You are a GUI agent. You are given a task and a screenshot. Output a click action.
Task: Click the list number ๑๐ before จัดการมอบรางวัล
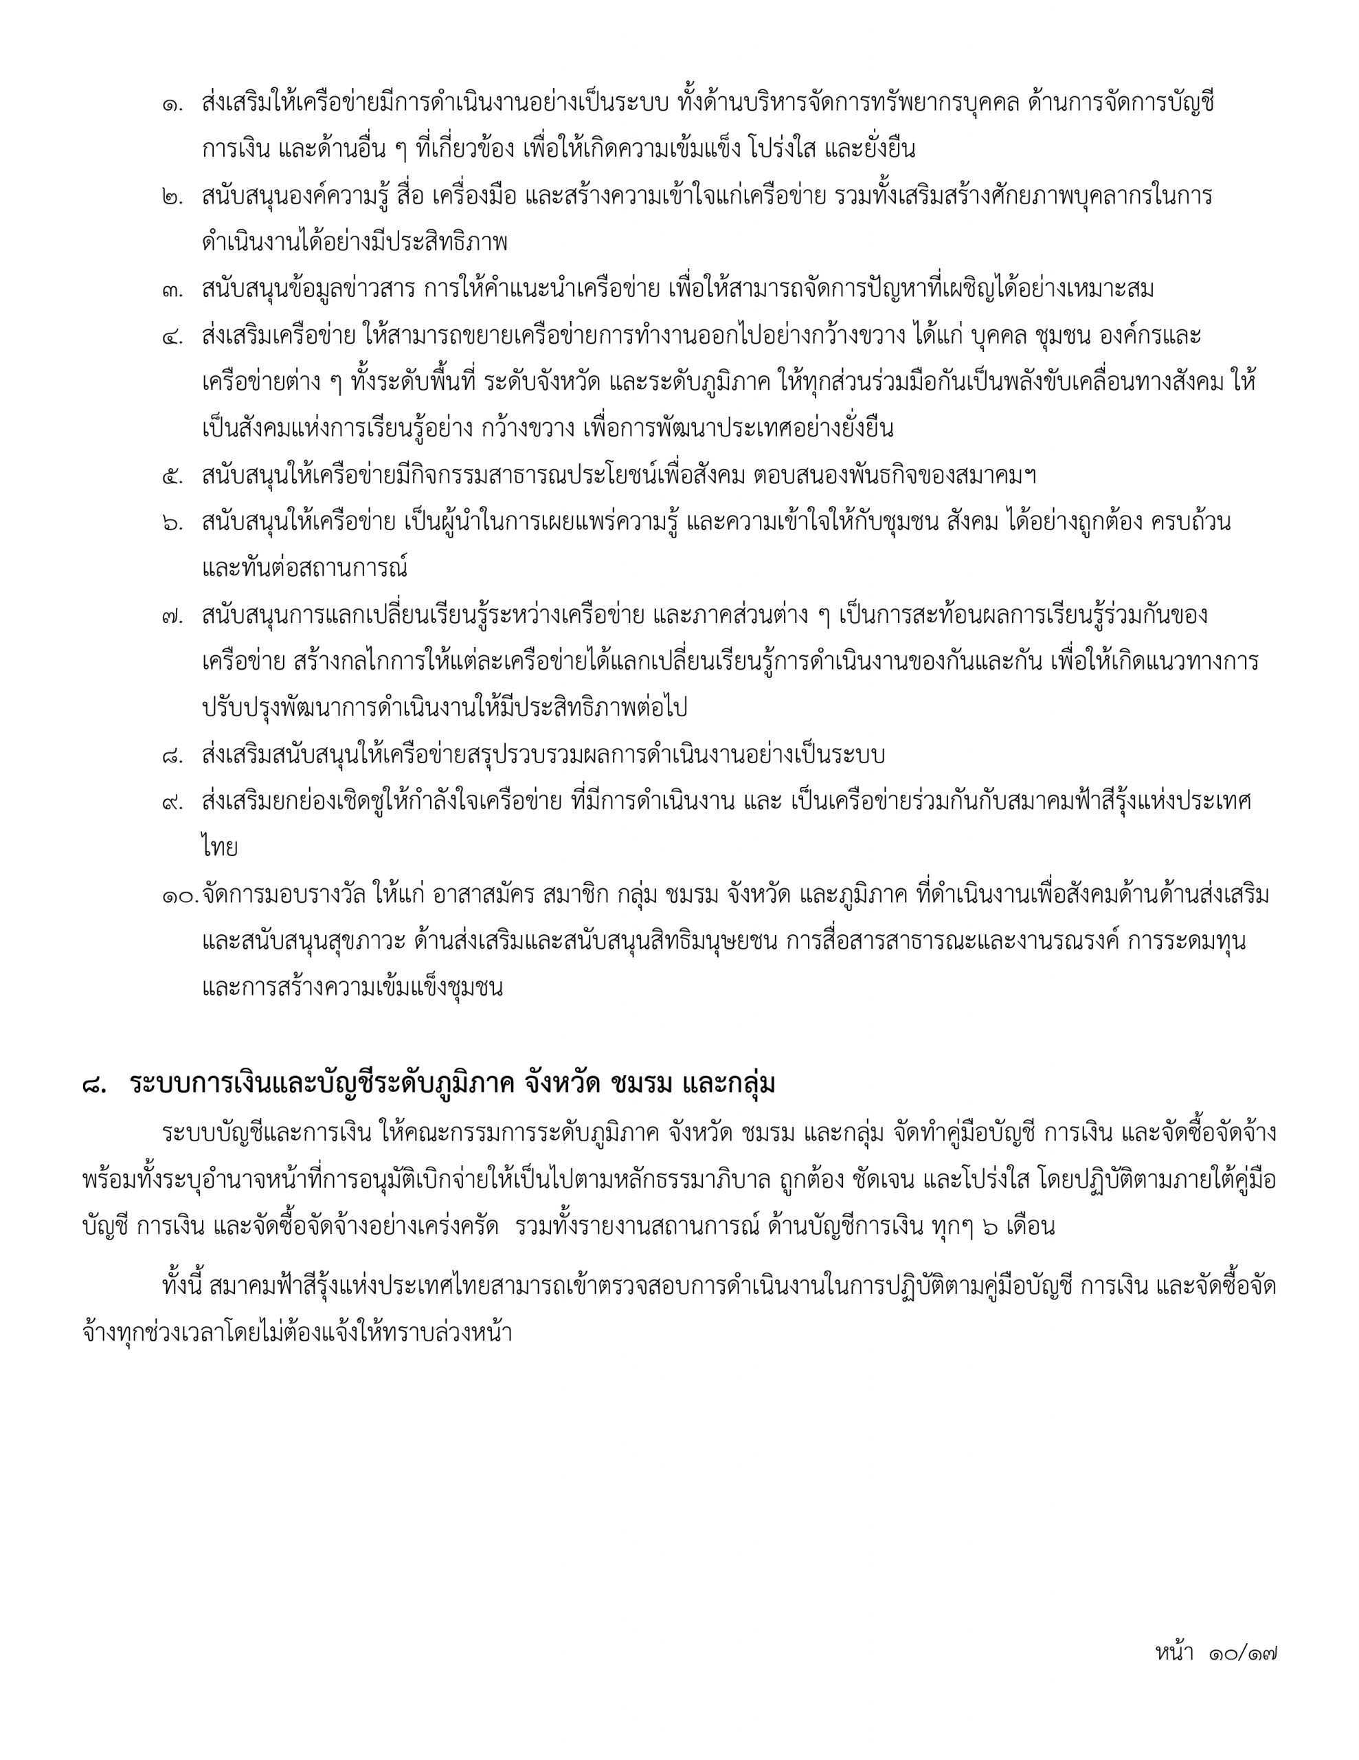coord(179,895)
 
